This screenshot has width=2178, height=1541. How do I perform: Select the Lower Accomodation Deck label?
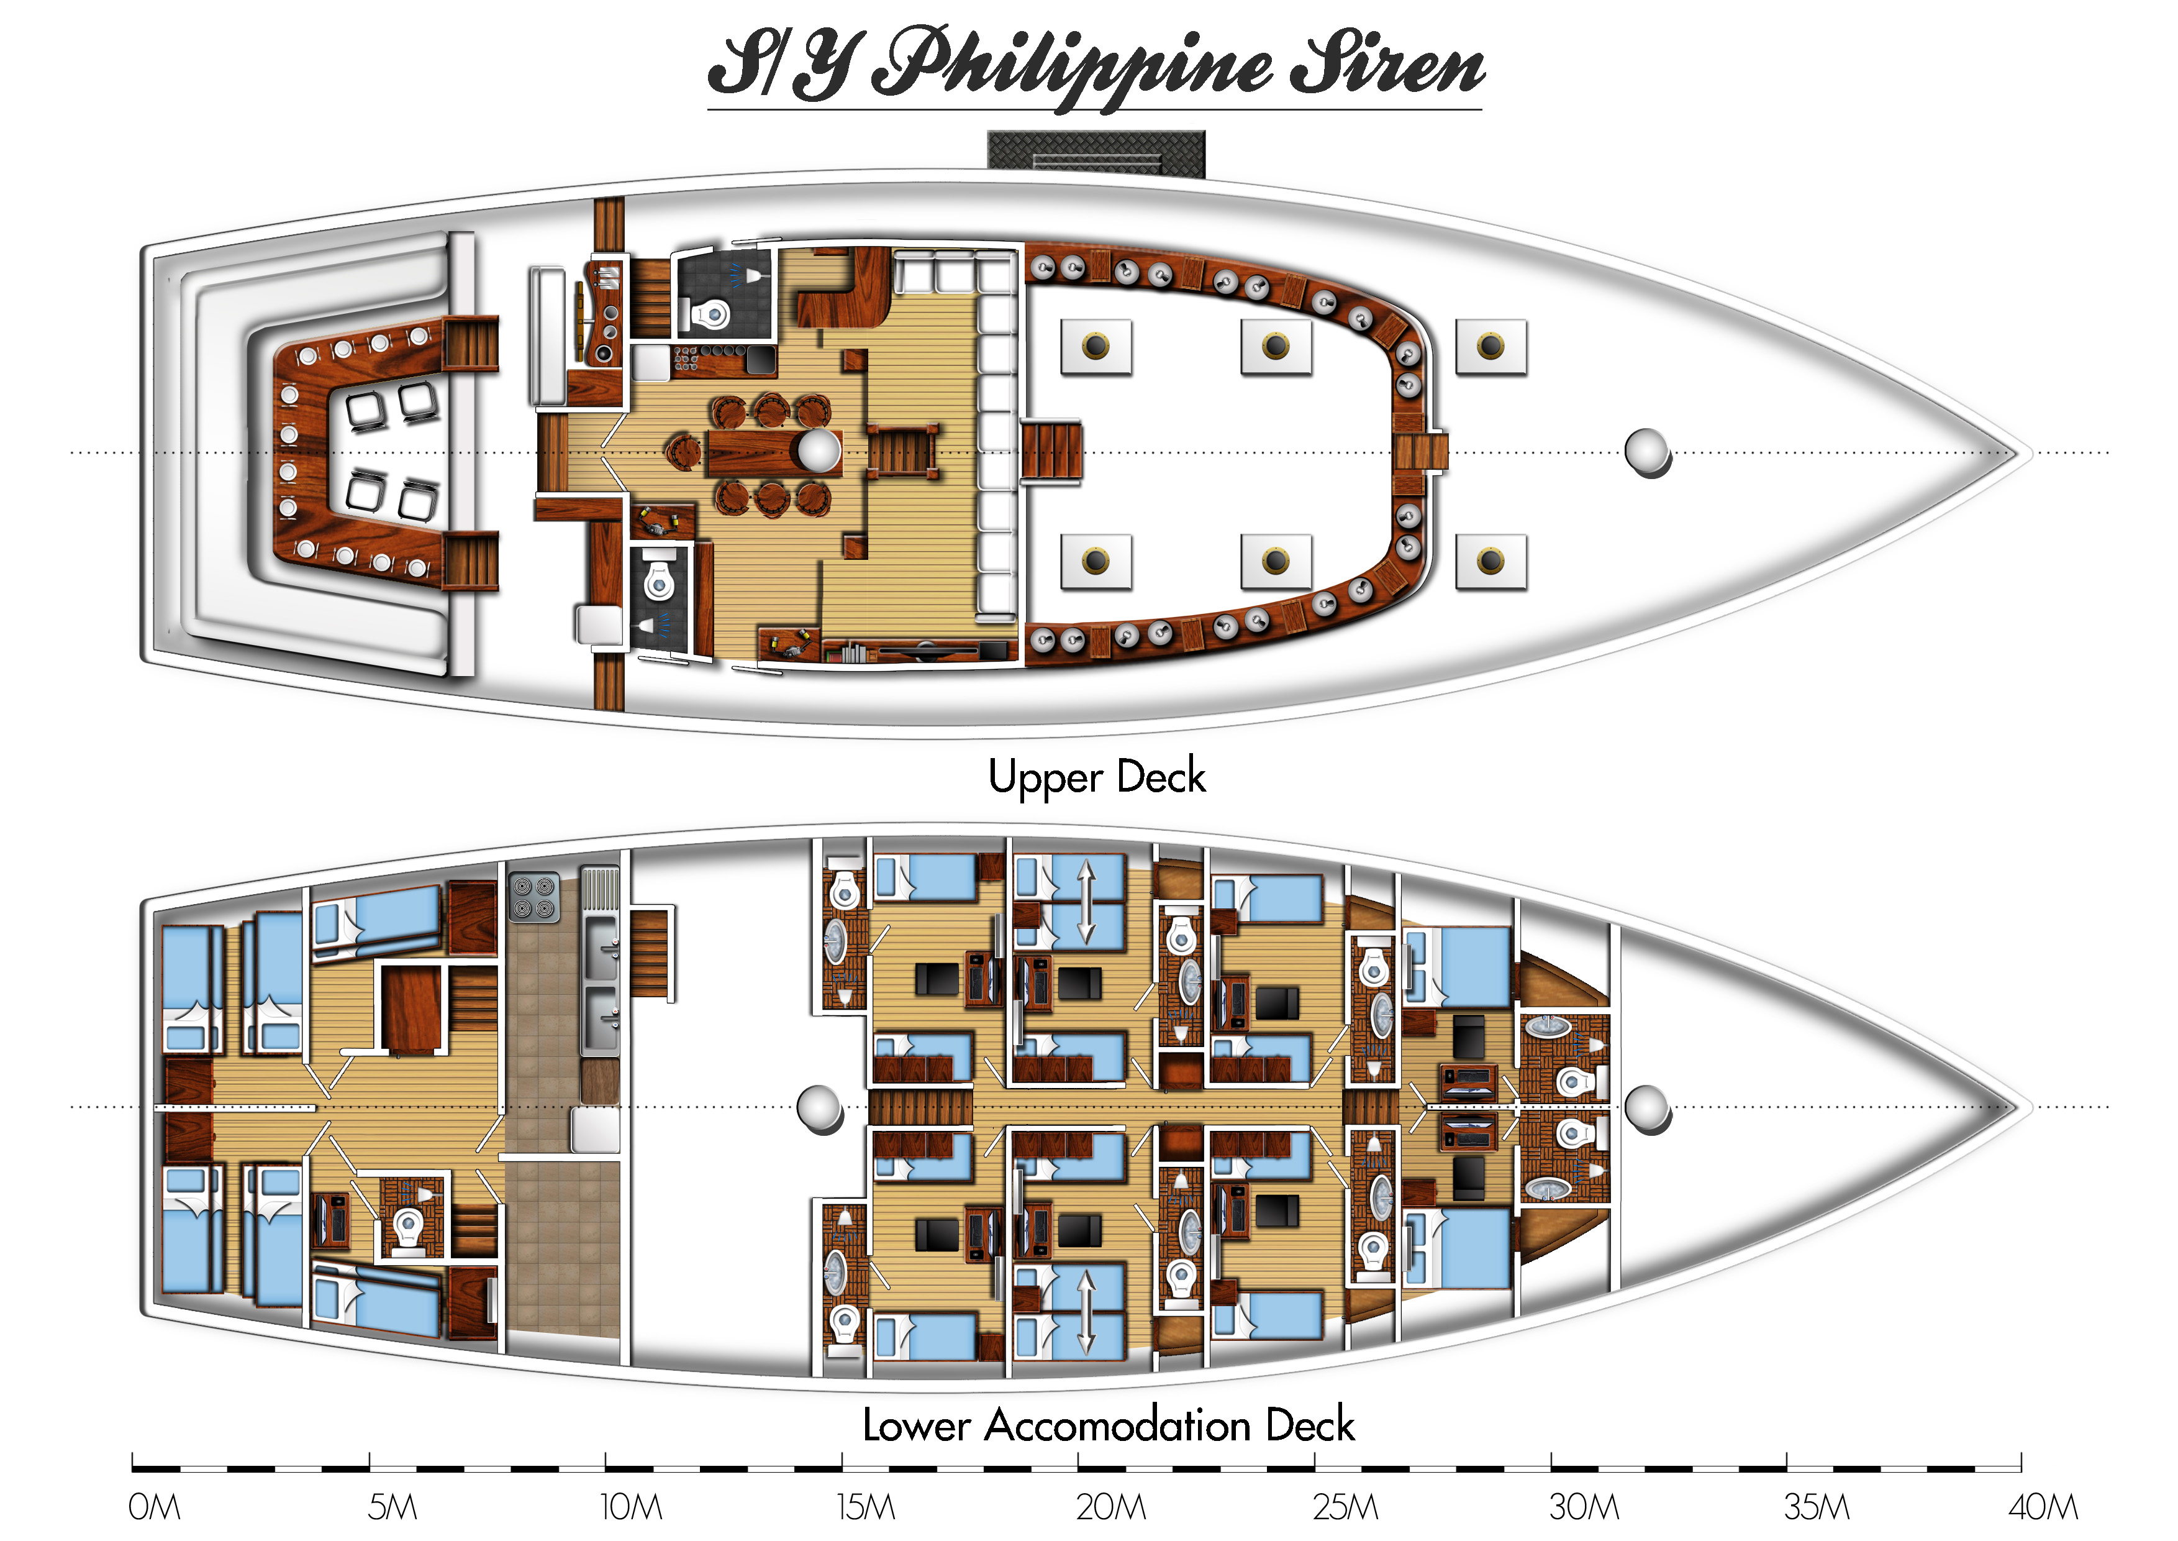pos(1108,1426)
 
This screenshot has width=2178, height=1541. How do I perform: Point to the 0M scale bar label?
pos(153,1507)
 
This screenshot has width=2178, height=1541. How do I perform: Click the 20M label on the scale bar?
pos(1111,1507)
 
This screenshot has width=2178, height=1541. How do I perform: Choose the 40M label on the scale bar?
pos(2043,1507)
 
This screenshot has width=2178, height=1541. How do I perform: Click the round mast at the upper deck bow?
pos(1648,452)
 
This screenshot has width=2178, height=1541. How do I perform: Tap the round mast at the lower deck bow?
pos(1648,1109)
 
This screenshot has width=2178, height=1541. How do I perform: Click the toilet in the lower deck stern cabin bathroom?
pos(409,1228)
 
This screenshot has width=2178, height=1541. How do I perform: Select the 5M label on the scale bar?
pos(392,1507)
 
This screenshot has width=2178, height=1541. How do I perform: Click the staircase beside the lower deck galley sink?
pos(651,953)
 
